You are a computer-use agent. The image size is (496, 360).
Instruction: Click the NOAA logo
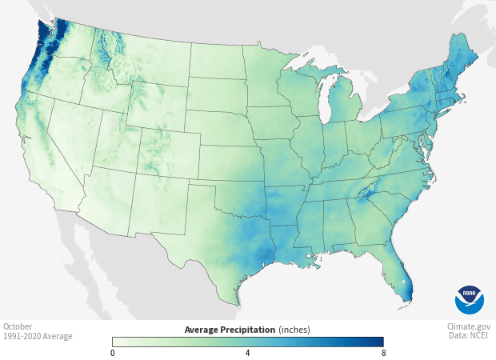click(x=470, y=299)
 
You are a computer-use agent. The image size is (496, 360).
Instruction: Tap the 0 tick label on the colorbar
click(x=113, y=353)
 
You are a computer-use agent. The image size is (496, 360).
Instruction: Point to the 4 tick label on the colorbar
click(x=247, y=353)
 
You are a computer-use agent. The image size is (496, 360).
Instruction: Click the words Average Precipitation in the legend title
click(x=230, y=330)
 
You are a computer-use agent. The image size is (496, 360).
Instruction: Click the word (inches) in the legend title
click(x=294, y=330)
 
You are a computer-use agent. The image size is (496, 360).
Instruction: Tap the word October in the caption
click(x=18, y=326)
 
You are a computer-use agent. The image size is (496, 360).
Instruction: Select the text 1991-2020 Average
click(x=38, y=336)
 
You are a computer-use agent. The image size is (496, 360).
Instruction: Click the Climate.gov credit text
click(x=469, y=326)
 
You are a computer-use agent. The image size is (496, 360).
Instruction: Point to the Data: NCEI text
click(x=469, y=336)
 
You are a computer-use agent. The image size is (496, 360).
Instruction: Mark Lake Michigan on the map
click(x=326, y=100)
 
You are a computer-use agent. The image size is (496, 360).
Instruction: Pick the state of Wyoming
click(x=155, y=105)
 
